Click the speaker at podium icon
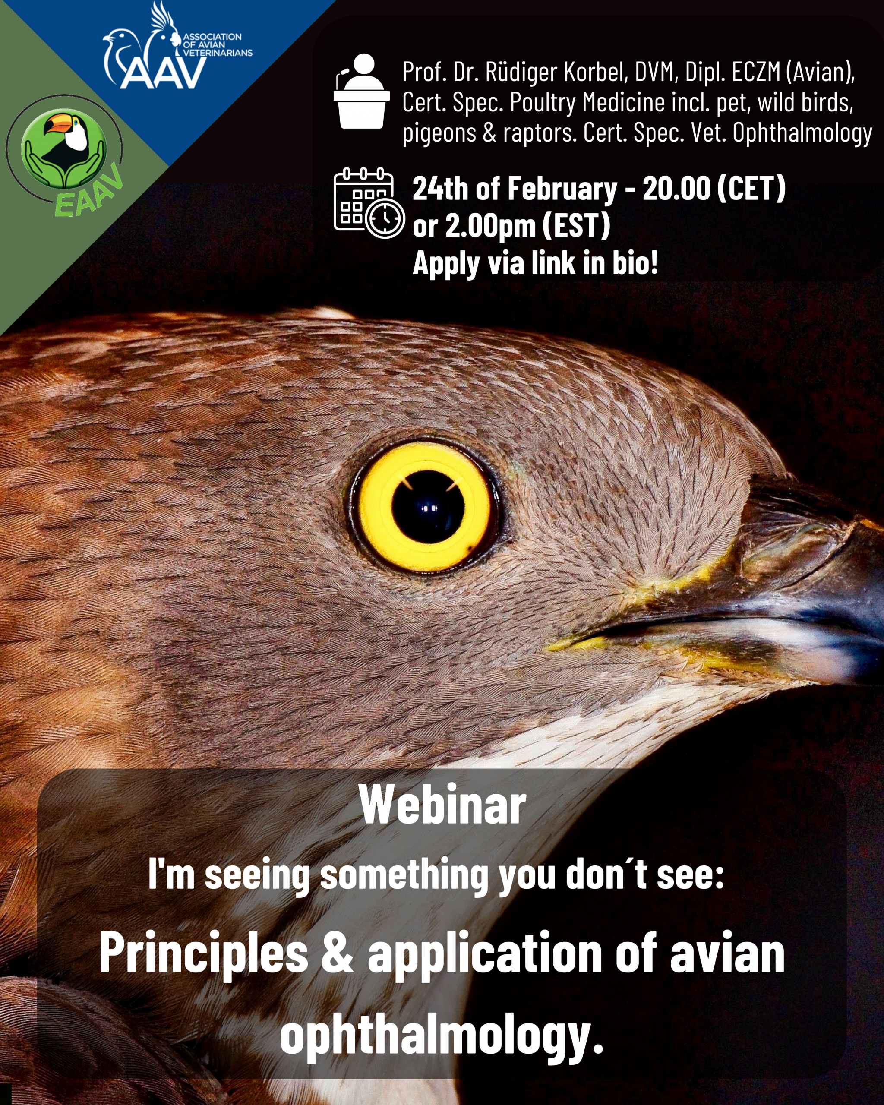(x=361, y=91)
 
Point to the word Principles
(x=203, y=953)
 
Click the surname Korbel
(x=596, y=72)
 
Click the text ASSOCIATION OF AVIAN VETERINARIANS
(x=217, y=44)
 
